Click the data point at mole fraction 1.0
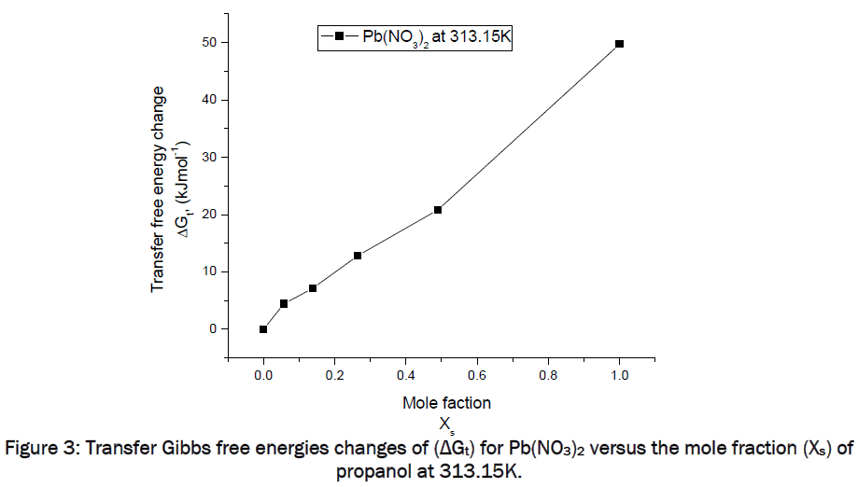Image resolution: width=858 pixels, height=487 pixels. click(x=619, y=44)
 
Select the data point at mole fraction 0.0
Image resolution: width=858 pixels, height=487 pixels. click(x=263, y=329)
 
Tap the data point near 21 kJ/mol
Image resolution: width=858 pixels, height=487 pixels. click(x=438, y=210)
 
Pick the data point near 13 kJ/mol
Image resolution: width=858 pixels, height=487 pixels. click(x=358, y=256)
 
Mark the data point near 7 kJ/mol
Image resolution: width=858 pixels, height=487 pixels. click(x=313, y=288)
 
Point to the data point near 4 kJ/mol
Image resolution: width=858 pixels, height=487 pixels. click(x=284, y=304)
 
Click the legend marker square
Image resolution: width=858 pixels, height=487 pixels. click(x=341, y=36)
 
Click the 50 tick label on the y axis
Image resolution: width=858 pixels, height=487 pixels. click(x=208, y=43)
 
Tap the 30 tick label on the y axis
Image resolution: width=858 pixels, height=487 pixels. click(x=208, y=158)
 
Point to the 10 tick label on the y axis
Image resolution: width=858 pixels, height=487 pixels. click(x=208, y=271)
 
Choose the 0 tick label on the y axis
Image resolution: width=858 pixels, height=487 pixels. click(x=212, y=329)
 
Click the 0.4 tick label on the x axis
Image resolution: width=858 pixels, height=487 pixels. click(x=406, y=375)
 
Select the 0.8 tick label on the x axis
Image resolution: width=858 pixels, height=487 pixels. click(x=548, y=375)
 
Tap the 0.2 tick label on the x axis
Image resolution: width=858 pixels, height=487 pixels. click(x=334, y=375)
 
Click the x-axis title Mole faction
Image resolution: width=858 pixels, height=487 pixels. click(x=446, y=403)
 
